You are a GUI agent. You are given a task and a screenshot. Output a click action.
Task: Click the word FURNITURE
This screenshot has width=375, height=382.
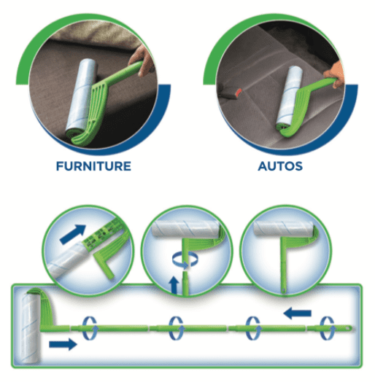[93, 166]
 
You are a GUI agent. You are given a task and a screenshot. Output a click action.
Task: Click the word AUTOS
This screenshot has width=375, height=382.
[280, 166]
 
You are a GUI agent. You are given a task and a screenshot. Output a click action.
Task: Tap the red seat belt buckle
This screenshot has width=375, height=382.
[239, 93]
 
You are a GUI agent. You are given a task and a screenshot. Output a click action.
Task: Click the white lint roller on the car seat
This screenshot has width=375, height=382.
[290, 95]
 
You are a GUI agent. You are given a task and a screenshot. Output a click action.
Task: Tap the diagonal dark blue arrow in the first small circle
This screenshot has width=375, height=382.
[73, 234]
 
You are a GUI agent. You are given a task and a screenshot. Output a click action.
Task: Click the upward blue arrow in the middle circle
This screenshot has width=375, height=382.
[174, 285]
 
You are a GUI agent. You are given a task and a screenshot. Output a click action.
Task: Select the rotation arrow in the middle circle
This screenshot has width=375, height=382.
[185, 260]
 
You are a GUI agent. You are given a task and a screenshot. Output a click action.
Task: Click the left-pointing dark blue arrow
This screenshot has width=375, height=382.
[298, 313]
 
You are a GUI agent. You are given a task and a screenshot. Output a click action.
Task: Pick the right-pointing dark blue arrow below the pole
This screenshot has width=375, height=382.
[63, 344]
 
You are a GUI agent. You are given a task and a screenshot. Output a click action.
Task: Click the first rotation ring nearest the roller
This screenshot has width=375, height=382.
[89, 328]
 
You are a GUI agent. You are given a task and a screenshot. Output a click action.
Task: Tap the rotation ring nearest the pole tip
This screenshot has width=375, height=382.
[327, 328]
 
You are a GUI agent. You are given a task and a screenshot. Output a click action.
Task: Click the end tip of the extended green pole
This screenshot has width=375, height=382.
[351, 328]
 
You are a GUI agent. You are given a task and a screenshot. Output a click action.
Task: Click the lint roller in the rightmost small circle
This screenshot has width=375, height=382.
[283, 228]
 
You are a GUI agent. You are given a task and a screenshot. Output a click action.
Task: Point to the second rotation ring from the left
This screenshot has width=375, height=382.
[176, 328]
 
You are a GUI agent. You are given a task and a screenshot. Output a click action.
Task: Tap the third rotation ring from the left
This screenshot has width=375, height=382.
[252, 328]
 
